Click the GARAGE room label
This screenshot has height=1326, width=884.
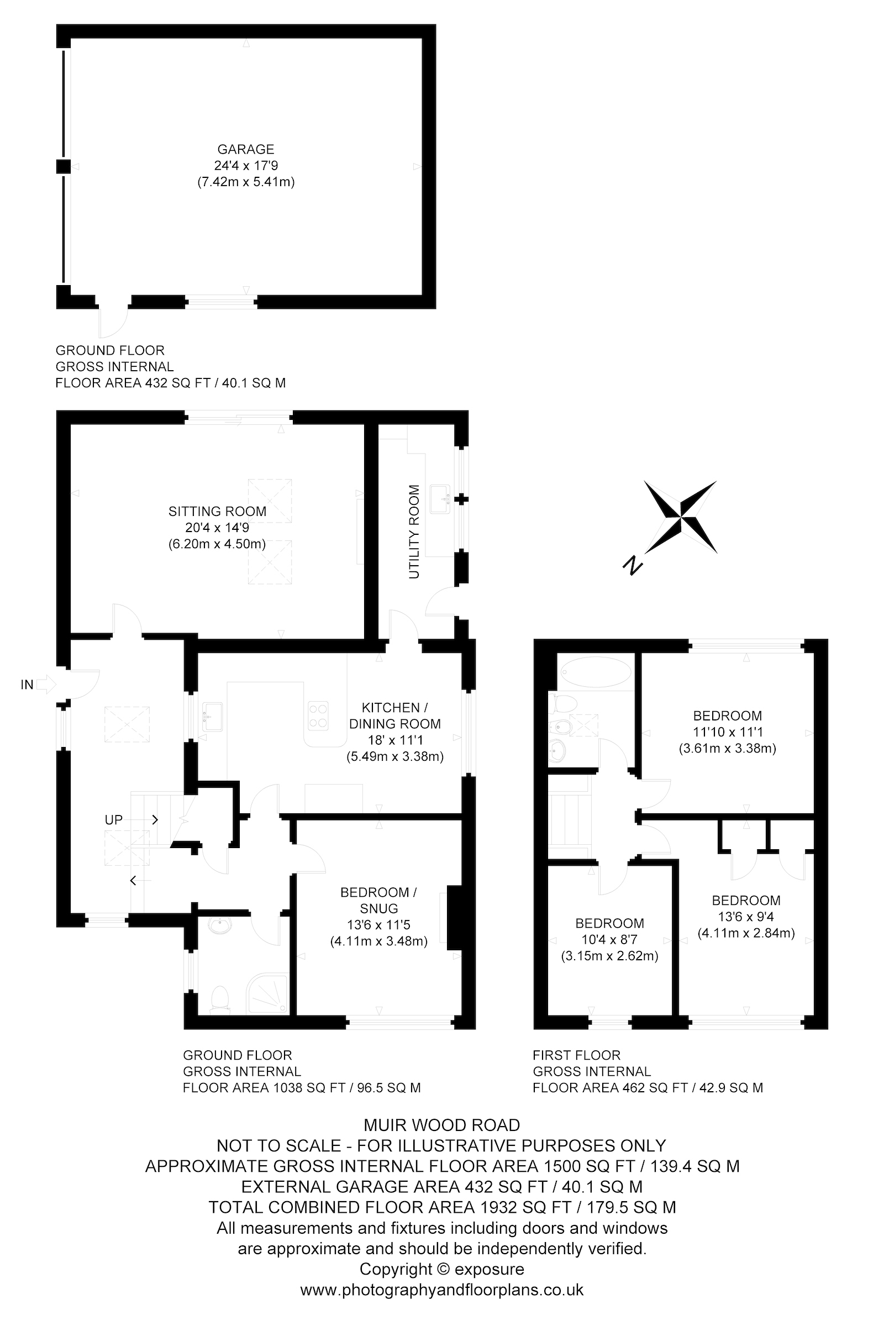pos(246,149)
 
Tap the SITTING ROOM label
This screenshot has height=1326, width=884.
pos(217,512)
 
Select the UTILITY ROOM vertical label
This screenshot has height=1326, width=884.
pos(414,532)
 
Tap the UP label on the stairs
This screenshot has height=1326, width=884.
pos(114,820)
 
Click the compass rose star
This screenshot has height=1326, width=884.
pos(681,517)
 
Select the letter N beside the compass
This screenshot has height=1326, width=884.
pos(634,565)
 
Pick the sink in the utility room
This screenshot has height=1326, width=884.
pos(439,499)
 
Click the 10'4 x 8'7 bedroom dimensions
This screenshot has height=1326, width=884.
pos(609,940)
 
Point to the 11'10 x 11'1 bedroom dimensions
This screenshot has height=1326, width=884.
pos(727,733)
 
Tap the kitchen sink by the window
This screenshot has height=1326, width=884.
pos(213,717)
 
